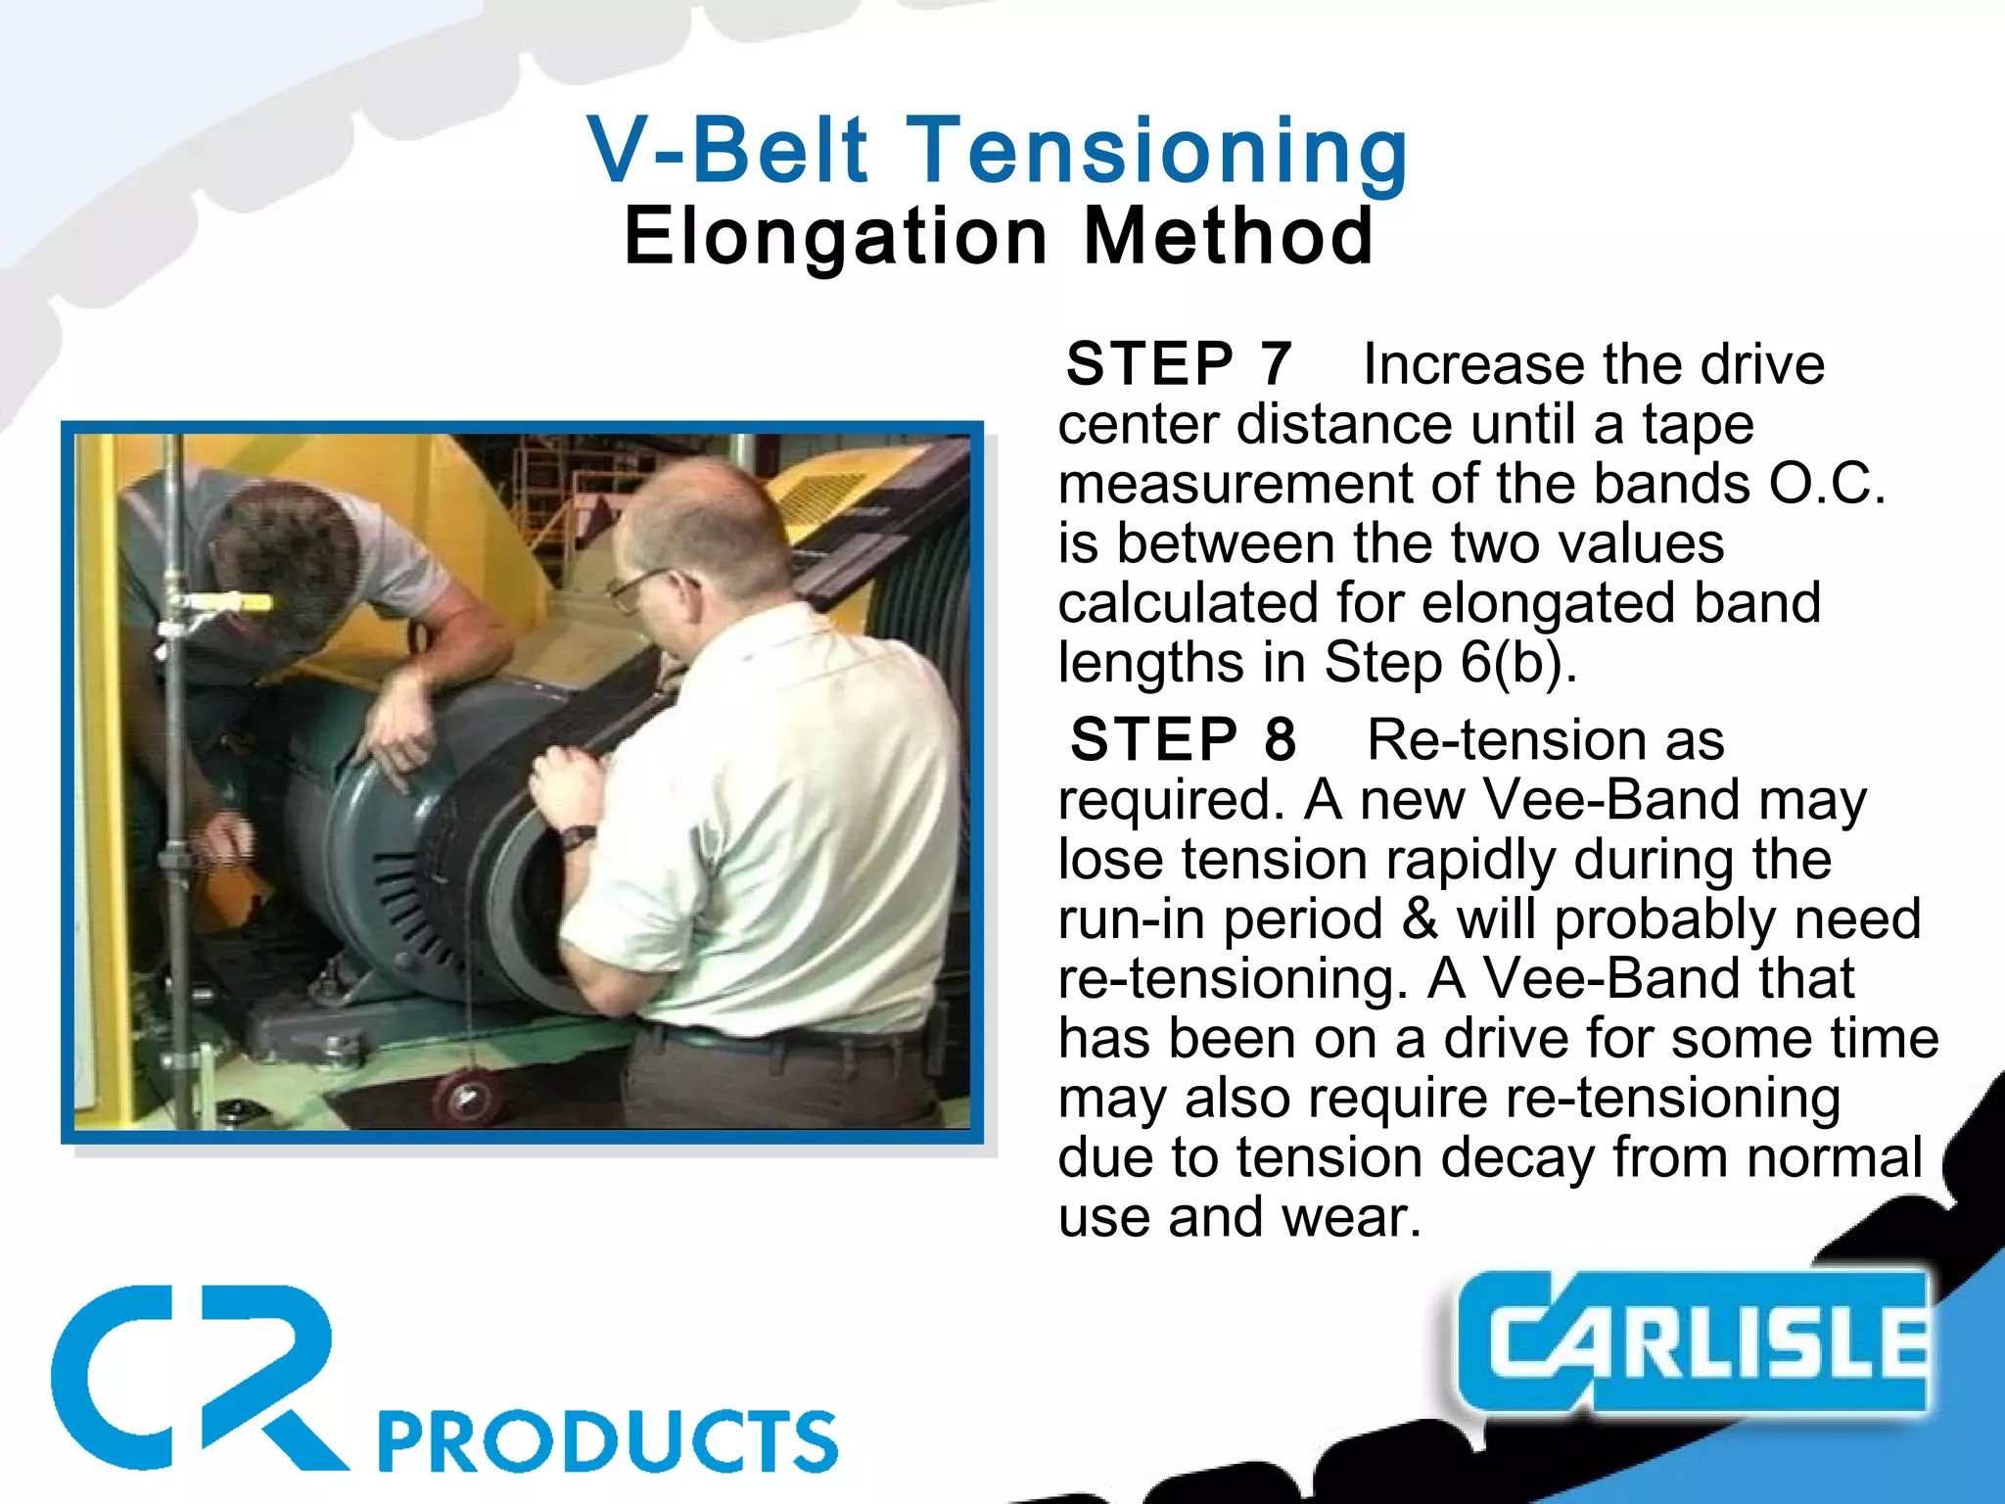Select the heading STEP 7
click(x=1179, y=364)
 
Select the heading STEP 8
click(x=1183, y=739)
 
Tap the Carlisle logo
click(x=1694, y=1341)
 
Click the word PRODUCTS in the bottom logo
click(x=607, y=1441)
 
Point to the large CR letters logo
click(x=196, y=1376)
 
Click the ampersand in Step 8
click(x=1421, y=919)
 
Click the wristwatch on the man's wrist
click(x=578, y=837)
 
